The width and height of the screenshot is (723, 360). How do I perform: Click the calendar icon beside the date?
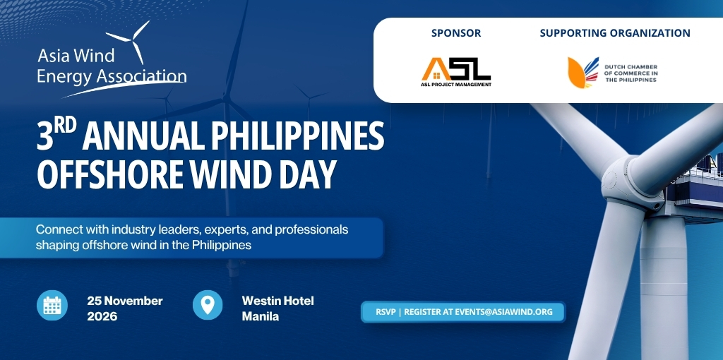coord(52,305)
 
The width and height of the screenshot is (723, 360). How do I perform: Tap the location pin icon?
coord(208,305)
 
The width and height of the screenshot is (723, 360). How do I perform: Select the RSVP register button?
coord(463,312)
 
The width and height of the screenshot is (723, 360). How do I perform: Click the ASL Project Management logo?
coord(456,72)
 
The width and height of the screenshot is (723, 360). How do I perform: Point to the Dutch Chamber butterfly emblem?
coord(582,73)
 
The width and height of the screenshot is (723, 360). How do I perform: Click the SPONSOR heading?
coord(456,33)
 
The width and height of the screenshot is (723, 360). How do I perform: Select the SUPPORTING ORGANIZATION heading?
coord(615,33)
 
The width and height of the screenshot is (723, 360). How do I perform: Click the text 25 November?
coord(125,301)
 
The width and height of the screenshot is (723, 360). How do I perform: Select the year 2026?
coord(102,317)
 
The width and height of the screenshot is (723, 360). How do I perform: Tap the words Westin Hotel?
coord(278,301)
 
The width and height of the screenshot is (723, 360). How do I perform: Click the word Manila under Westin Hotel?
coord(261,317)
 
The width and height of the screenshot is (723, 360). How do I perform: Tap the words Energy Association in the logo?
coord(112,76)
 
